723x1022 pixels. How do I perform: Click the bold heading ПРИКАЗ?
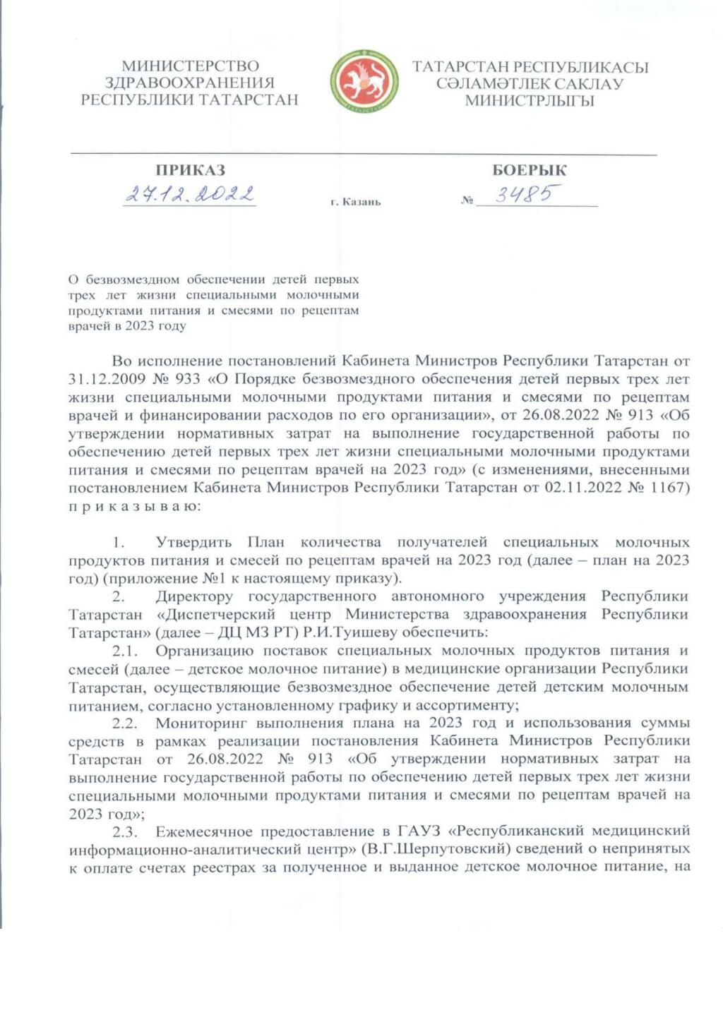click(190, 170)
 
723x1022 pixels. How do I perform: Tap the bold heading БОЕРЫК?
click(529, 170)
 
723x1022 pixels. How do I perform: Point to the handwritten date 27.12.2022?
click(190, 194)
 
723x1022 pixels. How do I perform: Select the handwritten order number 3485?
click(527, 194)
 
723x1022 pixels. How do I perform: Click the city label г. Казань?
click(355, 202)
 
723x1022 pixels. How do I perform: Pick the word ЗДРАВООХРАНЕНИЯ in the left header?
click(189, 83)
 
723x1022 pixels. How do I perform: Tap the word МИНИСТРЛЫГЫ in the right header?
click(530, 100)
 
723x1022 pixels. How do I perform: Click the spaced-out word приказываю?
click(134, 506)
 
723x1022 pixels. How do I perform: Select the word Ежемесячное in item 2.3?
click(204, 831)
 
